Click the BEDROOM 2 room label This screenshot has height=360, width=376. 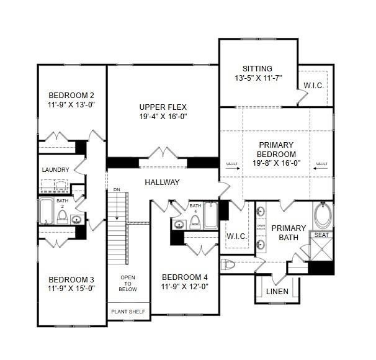[x=71, y=95]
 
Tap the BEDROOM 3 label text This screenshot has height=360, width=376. [x=71, y=279]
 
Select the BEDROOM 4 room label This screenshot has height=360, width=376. [x=184, y=277]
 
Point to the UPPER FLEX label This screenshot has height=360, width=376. [x=163, y=107]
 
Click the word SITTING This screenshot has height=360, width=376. [x=257, y=68]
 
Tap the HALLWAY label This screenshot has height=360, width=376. [x=162, y=182]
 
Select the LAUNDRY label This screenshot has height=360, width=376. [x=55, y=169]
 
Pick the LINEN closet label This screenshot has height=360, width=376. [x=277, y=291]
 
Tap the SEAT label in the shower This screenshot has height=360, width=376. [x=321, y=235]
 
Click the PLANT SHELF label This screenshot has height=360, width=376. [x=128, y=312]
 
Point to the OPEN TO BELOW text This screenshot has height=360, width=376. [x=128, y=283]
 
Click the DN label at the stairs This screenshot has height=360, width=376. [x=116, y=189]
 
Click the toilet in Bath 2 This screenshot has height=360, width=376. [x=62, y=216]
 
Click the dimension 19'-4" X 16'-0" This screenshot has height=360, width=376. [x=163, y=116]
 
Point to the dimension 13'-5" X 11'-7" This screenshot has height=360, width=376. [x=257, y=78]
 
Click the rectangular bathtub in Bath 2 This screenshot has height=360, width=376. [x=47, y=211]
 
